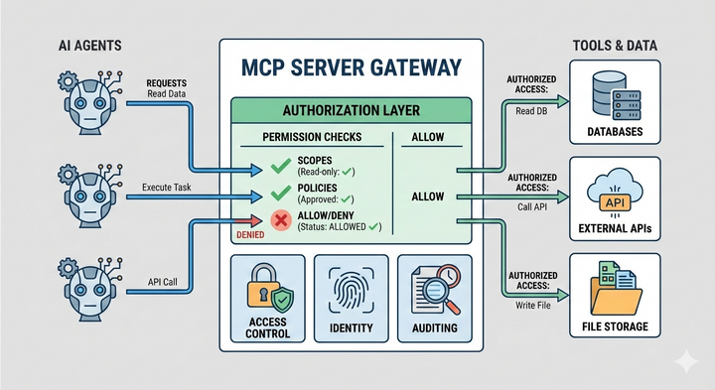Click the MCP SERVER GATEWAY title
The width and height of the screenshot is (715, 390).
coord(352,67)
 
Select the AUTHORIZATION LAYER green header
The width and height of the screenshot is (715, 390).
coord(352,110)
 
